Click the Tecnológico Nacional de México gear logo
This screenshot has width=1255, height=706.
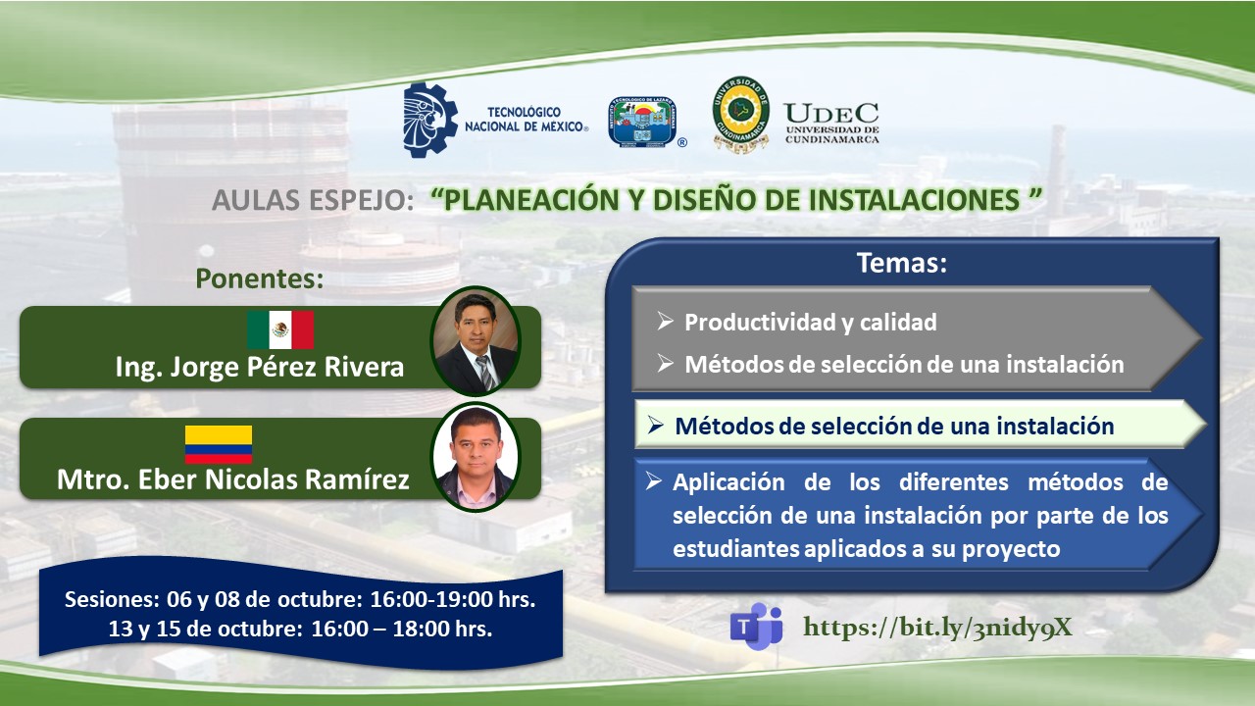click(430, 120)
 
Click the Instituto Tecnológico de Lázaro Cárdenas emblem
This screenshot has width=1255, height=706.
click(644, 121)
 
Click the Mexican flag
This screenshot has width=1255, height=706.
click(280, 329)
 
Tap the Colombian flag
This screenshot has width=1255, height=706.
click(219, 444)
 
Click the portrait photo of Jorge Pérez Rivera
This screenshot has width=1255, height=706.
click(476, 340)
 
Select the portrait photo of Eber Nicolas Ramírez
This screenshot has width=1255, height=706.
click(476, 456)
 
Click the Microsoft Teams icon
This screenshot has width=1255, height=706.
click(756, 626)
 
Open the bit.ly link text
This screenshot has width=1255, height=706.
click(937, 628)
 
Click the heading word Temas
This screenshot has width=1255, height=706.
click(901, 263)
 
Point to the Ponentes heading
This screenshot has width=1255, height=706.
click(260, 278)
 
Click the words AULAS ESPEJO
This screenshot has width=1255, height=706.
click(313, 200)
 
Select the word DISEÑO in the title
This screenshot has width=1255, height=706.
click(704, 200)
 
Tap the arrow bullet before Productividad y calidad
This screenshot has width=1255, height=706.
click(665, 322)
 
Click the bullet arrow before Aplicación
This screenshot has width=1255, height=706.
click(653, 481)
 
